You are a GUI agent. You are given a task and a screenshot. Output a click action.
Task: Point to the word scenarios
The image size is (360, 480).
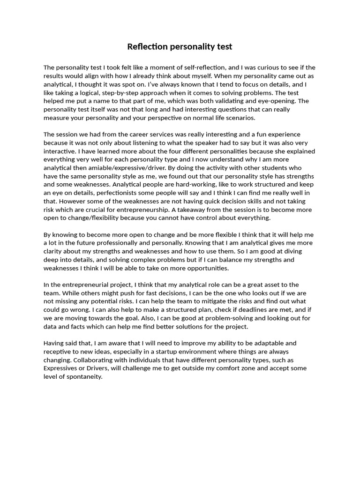(239, 118)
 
